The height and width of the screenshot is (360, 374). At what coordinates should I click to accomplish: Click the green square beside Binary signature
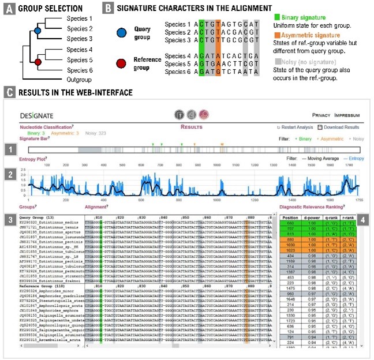275,18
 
